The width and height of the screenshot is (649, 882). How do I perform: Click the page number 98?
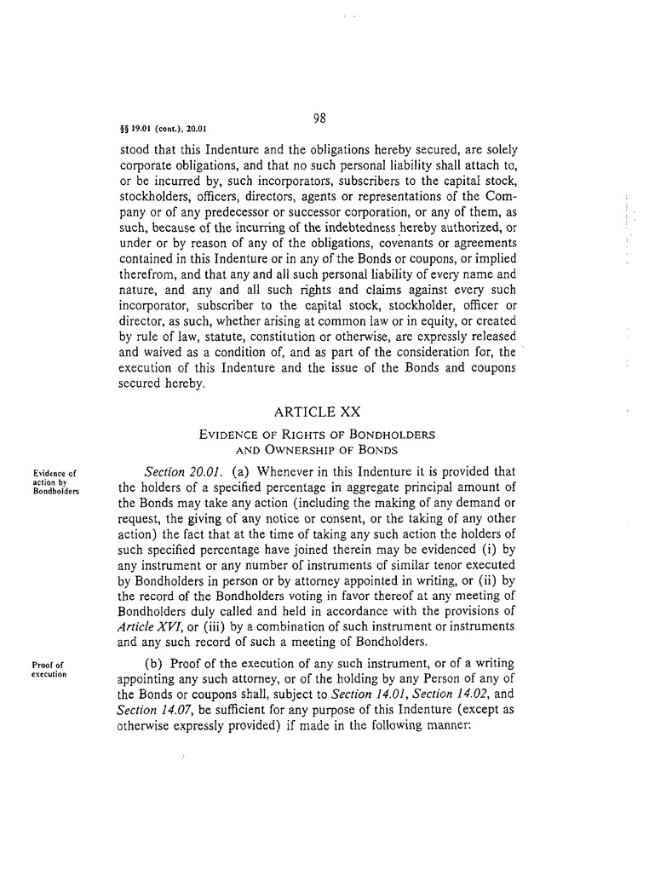point(320,118)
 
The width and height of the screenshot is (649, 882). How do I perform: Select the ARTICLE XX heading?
point(318,412)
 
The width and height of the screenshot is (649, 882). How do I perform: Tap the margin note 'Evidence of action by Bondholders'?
point(55,481)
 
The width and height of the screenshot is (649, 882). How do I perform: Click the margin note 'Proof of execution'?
point(50,668)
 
